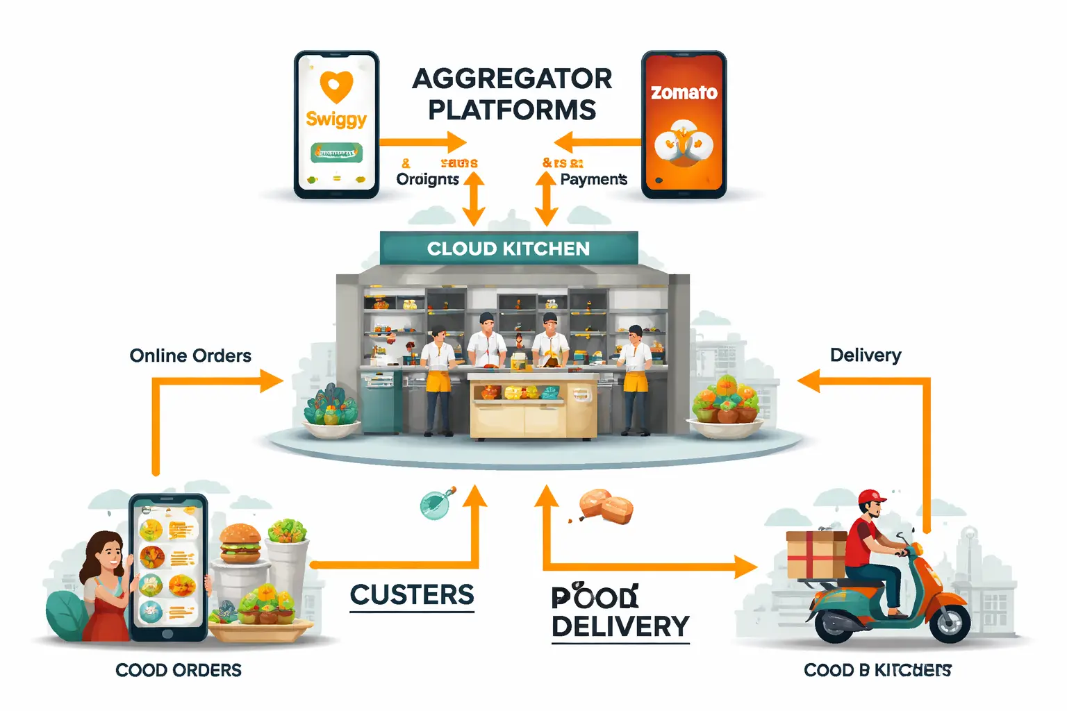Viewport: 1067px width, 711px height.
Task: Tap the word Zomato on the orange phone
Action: tap(684, 93)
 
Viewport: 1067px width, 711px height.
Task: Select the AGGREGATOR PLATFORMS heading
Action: tap(512, 94)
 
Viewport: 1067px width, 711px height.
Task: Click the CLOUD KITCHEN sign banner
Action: tap(508, 249)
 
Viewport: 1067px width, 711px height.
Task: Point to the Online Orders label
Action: tap(190, 355)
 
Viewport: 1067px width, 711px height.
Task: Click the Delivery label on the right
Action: tap(866, 355)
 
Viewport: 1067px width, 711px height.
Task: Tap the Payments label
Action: tap(593, 179)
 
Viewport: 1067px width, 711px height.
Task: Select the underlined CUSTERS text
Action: tap(412, 595)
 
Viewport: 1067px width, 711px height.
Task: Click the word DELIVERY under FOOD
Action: tap(620, 626)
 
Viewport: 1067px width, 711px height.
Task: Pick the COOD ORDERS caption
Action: tap(179, 670)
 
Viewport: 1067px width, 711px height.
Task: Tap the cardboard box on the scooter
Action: tap(816, 554)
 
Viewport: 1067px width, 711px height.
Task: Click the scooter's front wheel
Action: tap(950, 623)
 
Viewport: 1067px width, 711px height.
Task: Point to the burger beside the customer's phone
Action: tap(240, 542)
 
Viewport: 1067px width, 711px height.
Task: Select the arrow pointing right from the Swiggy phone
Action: tap(423, 142)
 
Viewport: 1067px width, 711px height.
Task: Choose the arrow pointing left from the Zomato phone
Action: tap(597, 142)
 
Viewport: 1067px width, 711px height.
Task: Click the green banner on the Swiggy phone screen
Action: tap(337, 153)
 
